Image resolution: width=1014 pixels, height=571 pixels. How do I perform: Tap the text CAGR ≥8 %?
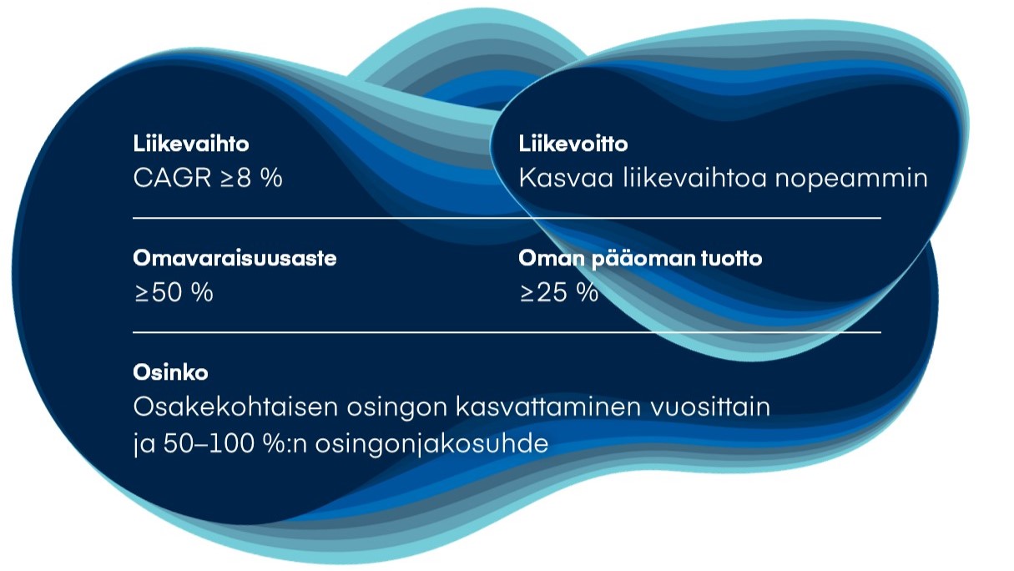pyautogui.click(x=208, y=179)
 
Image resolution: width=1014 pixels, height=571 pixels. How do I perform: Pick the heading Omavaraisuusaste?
pyautogui.click(x=235, y=258)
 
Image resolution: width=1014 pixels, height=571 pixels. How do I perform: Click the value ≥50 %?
pyautogui.click(x=174, y=293)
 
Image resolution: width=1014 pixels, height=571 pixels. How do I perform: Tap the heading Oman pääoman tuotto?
pyautogui.click(x=640, y=259)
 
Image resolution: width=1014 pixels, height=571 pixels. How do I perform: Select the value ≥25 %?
pyautogui.click(x=558, y=293)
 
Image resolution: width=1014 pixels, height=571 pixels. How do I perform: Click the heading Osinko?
pyautogui.click(x=170, y=372)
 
